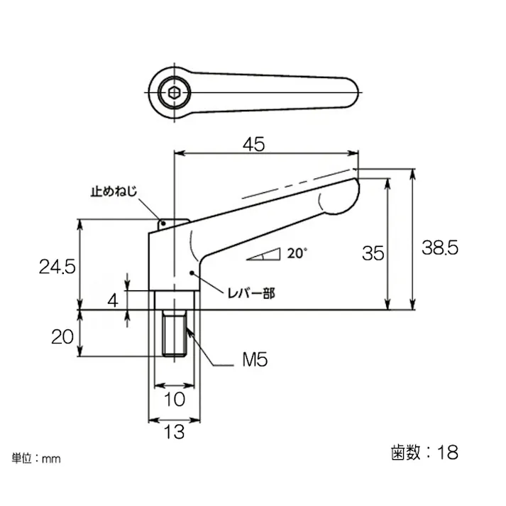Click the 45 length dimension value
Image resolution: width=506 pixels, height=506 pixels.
click(x=253, y=144)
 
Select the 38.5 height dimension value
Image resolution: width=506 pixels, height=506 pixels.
click(x=441, y=248)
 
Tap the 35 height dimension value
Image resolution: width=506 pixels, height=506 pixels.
click(x=373, y=253)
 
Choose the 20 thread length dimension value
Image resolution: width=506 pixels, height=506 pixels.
click(x=62, y=336)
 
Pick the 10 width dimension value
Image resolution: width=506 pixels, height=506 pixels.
click(x=174, y=399)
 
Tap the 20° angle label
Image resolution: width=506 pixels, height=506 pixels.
click(x=297, y=252)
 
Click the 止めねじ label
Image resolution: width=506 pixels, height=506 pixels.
click(x=113, y=192)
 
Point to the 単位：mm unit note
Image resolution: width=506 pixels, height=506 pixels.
click(x=36, y=458)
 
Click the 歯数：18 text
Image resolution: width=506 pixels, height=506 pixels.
click(x=424, y=451)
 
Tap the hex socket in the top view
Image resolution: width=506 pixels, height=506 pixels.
click(x=174, y=91)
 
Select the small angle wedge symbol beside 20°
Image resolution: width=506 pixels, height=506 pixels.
click(x=263, y=255)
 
